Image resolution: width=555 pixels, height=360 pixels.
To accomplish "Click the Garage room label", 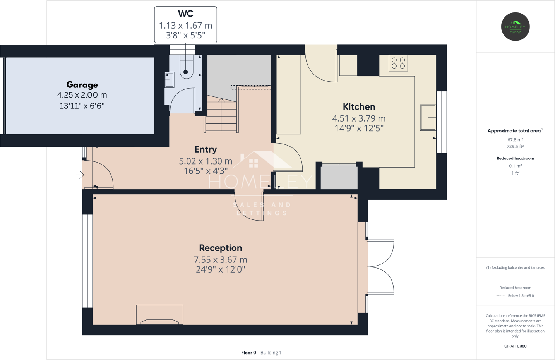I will [x=82, y=85].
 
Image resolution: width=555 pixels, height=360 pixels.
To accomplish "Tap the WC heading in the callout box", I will [x=185, y=14].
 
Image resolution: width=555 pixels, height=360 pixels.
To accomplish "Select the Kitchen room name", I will [x=359, y=107].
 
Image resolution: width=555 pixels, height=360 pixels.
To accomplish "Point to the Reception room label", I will [x=220, y=248].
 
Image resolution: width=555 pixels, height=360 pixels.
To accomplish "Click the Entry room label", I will [x=206, y=149].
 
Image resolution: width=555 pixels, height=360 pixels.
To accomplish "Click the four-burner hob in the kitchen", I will [x=398, y=63].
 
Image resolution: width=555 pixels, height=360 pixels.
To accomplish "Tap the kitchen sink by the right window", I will [x=428, y=117].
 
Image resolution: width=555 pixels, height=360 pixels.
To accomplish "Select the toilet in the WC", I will [x=186, y=67].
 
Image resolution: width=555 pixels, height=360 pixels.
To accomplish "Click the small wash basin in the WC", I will [x=170, y=80].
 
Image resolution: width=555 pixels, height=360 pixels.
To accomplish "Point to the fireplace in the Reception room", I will [x=159, y=315].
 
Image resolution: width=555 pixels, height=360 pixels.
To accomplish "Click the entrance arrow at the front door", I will [x=80, y=175].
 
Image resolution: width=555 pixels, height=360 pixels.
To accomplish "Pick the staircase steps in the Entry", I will [x=221, y=115].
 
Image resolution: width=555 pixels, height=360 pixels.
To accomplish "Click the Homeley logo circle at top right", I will [x=515, y=27].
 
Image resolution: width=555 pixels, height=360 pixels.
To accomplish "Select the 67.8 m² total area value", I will [x=515, y=140].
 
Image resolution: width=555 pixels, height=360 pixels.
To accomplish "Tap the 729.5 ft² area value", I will [x=515, y=147].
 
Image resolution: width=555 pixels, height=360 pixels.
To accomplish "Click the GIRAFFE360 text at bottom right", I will [x=515, y=346].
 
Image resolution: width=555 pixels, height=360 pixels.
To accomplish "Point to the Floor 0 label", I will [x=248, y=353].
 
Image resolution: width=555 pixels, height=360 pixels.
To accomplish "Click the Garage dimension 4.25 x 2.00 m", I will [x=82, y=95].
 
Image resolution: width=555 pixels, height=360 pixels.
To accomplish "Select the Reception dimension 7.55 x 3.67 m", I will [x=220, y=260].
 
